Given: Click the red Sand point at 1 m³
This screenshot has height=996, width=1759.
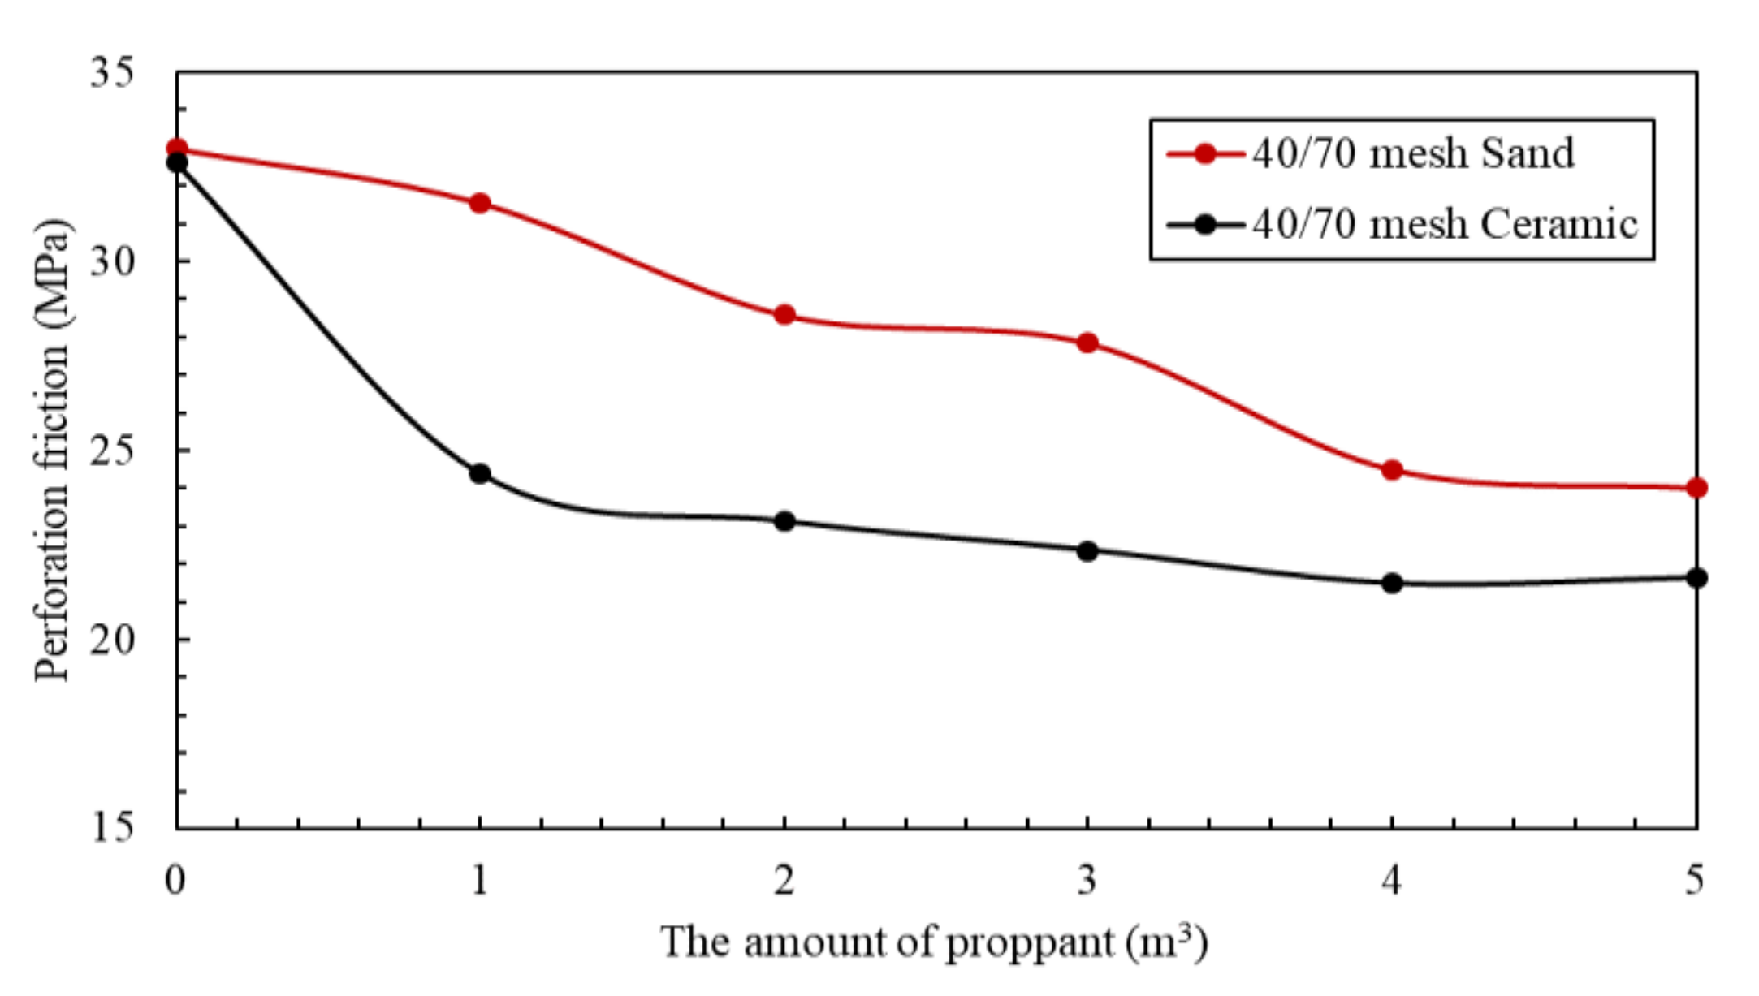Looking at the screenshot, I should pos(480,203).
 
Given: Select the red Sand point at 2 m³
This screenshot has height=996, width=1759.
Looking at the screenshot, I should pos(784,315).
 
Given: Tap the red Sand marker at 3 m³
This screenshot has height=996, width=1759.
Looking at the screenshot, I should pos(1087,343).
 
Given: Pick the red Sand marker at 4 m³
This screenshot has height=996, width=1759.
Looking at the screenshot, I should pos(1392,470).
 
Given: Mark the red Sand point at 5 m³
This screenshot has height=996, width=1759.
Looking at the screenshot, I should pos(1696,488).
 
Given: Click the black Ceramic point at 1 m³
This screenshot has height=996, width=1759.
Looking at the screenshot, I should pos(480,473).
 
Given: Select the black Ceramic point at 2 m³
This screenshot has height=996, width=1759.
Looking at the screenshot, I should pos(784,521).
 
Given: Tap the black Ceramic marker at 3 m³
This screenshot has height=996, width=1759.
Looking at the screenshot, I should pos(1087,551).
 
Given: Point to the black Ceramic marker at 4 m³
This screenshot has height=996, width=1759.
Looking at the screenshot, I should pos(1392,583).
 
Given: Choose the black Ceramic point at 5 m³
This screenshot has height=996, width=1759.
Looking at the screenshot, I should pos(1696,578).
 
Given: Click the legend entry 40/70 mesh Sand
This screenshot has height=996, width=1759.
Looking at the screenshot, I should pos(1412,153).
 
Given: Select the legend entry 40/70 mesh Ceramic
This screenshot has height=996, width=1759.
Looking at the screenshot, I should pos(1445,224).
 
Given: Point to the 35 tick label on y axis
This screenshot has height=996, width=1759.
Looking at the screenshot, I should pos(112,72).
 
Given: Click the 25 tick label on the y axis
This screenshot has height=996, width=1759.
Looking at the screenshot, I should pos(112,451).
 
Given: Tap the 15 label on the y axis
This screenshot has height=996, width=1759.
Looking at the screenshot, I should pos(112,827).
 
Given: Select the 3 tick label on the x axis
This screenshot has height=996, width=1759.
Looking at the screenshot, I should pos(1087,879).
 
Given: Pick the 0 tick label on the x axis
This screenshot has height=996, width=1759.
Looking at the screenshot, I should pos(175,879).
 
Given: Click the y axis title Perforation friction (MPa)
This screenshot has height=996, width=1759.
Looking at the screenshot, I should pos(52,451).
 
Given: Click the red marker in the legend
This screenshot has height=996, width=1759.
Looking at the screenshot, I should pos(1205,153).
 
